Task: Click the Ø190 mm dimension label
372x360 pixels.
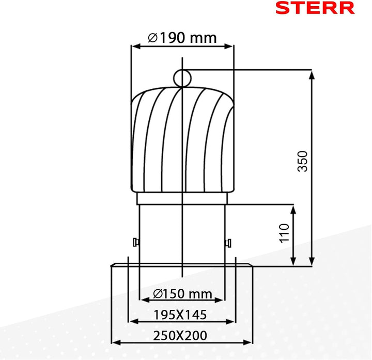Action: click(182, 38)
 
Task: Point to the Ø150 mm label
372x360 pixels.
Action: click(183, 294)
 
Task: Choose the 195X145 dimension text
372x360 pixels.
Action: click(180, 314)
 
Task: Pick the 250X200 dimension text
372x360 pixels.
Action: click(180, 335)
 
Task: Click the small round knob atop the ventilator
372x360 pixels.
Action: click(182, 78)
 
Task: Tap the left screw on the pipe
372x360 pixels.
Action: click(135, 242)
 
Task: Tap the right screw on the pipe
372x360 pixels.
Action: click(227, 242)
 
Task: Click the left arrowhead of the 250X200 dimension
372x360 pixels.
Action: click(115, 342)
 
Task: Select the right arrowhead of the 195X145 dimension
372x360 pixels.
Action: click(230, 321)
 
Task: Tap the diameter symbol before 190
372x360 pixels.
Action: click(152, 38)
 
